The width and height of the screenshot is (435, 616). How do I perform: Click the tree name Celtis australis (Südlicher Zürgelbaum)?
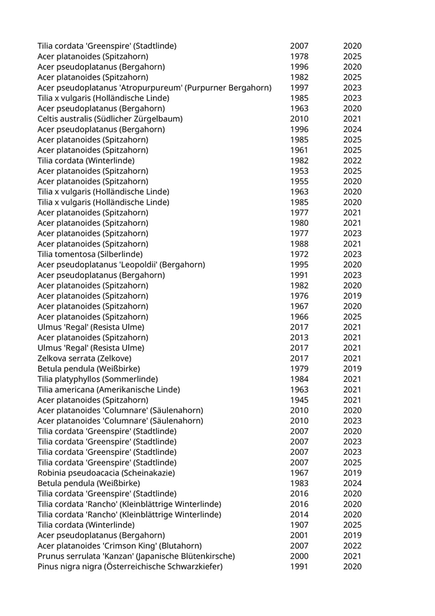click(110, 119)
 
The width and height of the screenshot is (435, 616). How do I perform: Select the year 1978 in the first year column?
click(299, 57)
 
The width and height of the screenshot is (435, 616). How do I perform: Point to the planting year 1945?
click(299, 400)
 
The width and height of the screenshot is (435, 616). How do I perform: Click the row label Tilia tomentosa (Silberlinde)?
click(90, 254)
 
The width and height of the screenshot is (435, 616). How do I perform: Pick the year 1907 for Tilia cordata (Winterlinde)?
click(299, 525)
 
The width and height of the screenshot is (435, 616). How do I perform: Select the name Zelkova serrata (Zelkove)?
click(85, 358)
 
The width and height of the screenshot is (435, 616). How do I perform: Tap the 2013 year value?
click(299, 337)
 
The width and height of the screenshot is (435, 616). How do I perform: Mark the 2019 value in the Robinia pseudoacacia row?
click(352, 473)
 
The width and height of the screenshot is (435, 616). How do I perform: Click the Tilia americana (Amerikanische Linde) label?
click(109, 390)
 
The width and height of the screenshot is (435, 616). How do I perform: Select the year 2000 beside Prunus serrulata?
click(299, 556)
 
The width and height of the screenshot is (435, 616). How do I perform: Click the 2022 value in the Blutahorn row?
click(352, 546)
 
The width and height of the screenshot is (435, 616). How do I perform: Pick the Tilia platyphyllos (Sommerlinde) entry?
click(98, 379)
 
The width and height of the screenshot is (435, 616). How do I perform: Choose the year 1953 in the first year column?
click(299, 170)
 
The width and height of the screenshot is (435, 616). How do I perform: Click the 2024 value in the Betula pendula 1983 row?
click(352, 483)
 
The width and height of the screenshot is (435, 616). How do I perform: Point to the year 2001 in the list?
click(299, 535)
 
